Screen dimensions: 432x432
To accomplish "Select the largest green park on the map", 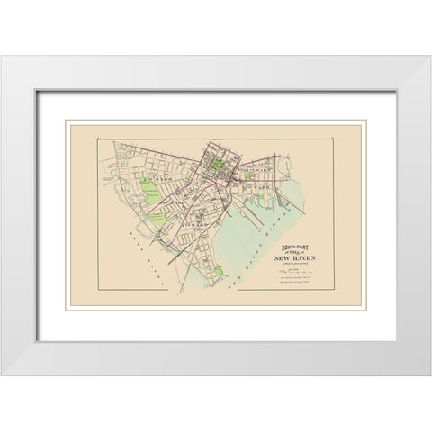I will coord(149,190).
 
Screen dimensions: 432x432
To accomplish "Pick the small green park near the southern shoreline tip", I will coord(219,269).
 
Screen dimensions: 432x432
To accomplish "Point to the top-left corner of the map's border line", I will coord(98,139).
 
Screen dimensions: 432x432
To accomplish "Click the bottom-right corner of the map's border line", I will coord(333,290).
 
